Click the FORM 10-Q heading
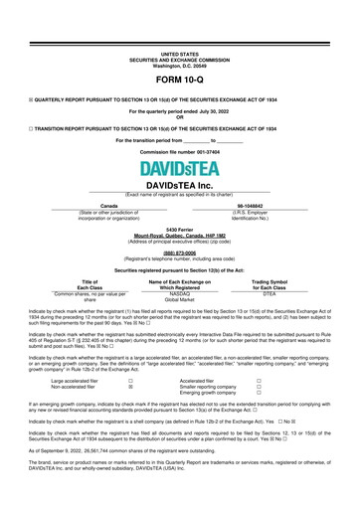coord(180,79)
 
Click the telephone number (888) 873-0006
coord(180,253)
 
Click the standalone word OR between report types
coord(180,118)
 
